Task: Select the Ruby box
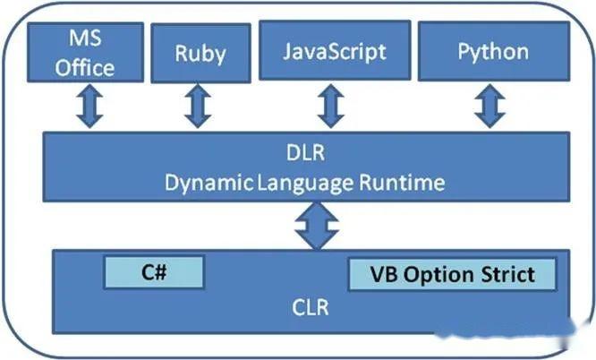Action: [x=200, y=53]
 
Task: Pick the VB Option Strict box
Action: [x=452, y=274]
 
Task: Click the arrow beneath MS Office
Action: [x=90, y=107]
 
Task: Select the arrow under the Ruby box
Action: [x=196, y=107]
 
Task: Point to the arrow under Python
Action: [x=488, y=107]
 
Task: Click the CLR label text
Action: [x=311, y=309]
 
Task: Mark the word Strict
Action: [x=508, y=274]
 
